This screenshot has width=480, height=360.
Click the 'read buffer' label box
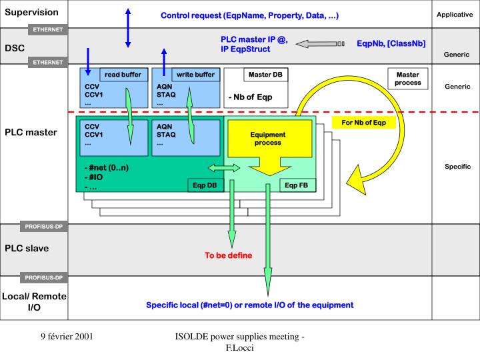123,75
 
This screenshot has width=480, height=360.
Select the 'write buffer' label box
195,75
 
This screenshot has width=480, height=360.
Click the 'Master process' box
407,79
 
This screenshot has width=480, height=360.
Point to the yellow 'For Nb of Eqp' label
363,123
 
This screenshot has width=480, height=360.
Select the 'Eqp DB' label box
204,185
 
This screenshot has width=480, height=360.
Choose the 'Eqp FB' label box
295,185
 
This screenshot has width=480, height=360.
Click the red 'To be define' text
228,255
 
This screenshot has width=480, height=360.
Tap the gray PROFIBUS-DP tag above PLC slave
44,227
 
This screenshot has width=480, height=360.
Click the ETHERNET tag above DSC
48,29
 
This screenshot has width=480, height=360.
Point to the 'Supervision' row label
32,12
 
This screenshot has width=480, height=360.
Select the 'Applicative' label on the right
455,14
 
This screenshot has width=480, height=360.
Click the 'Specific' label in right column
457,167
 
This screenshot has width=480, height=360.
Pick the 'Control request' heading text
249,15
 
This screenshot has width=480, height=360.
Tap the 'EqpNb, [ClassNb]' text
391,43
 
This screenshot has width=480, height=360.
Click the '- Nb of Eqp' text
250,97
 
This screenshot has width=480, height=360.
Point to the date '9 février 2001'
67,337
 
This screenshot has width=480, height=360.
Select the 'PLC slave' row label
27,248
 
